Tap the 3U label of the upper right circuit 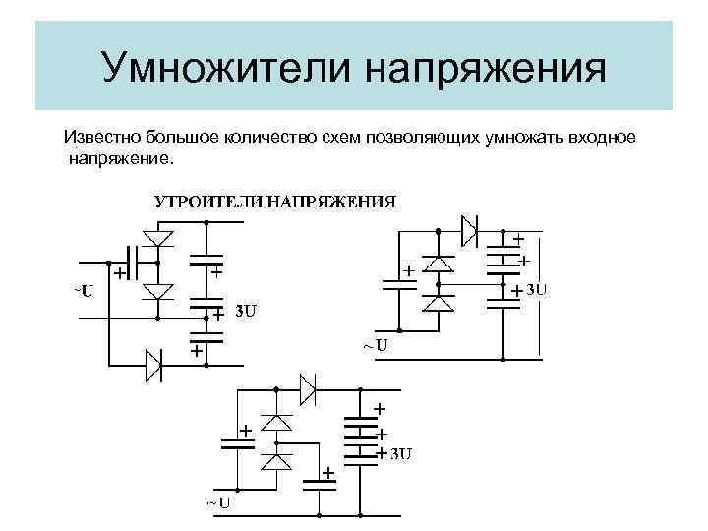tap(537, 290)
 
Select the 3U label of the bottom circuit tap(400, 453)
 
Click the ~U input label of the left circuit tap(83, 291)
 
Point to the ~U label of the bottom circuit tap(218, 503)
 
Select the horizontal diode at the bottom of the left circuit tap(155, 364)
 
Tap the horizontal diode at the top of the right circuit tap(470, 229)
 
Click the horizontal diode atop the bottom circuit tap(307, 388)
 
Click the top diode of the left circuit tap(157, 237)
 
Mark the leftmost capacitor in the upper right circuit tap(399, 284)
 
